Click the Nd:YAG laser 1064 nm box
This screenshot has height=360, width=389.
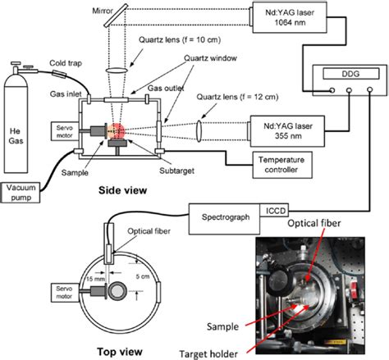286,20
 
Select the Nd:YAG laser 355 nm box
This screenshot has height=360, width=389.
286,134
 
